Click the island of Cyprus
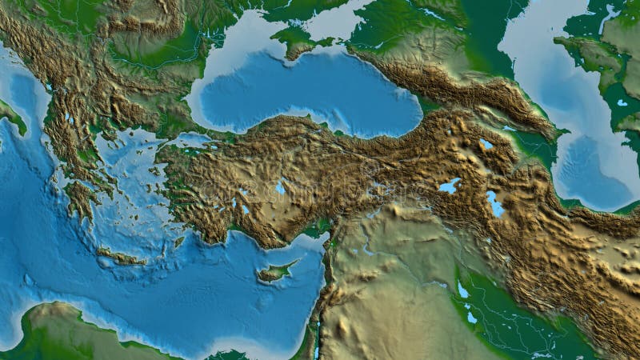(274, 272)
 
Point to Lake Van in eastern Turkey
(450, 186)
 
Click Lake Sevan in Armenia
(486, 144)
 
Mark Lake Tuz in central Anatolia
(280, 188)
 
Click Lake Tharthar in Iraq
(462, 290)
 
